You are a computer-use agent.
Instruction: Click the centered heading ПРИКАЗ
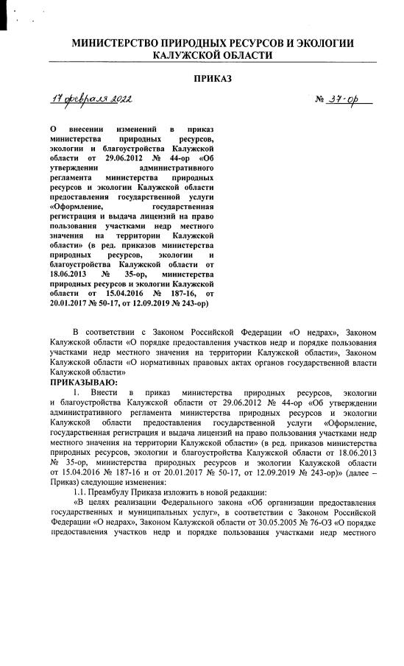213,79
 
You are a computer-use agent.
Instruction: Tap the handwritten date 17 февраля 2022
91,100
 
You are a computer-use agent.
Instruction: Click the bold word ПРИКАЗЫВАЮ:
81,383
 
